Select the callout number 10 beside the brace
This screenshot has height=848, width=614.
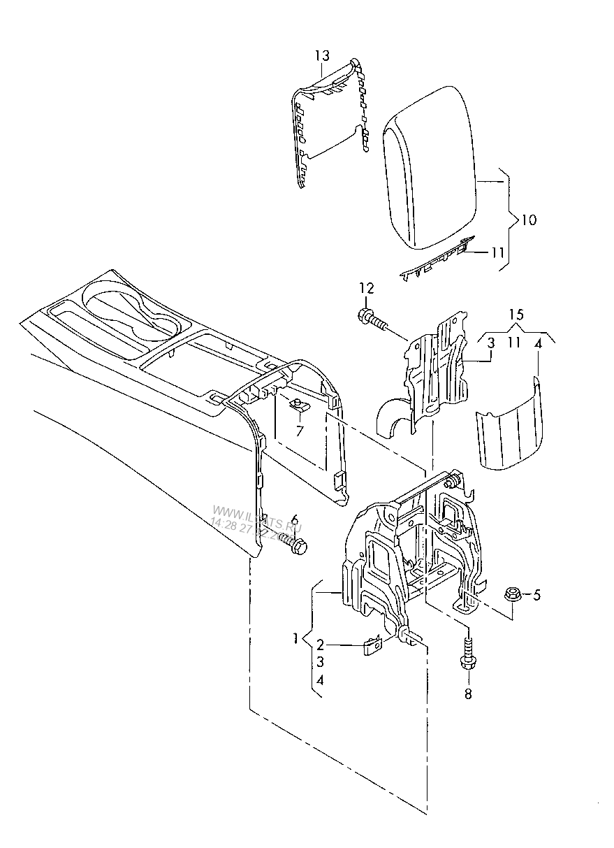(x=529, y=220)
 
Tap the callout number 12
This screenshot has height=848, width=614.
(x=367, y=288)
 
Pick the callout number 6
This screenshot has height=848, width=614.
(x=294, y=519)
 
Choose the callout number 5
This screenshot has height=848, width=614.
(x=536, y=596)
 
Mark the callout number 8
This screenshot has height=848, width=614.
(x=468, y=694)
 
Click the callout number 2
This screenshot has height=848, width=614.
(x=319, y=644)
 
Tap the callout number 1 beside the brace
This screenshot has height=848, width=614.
(x=297, y=638)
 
